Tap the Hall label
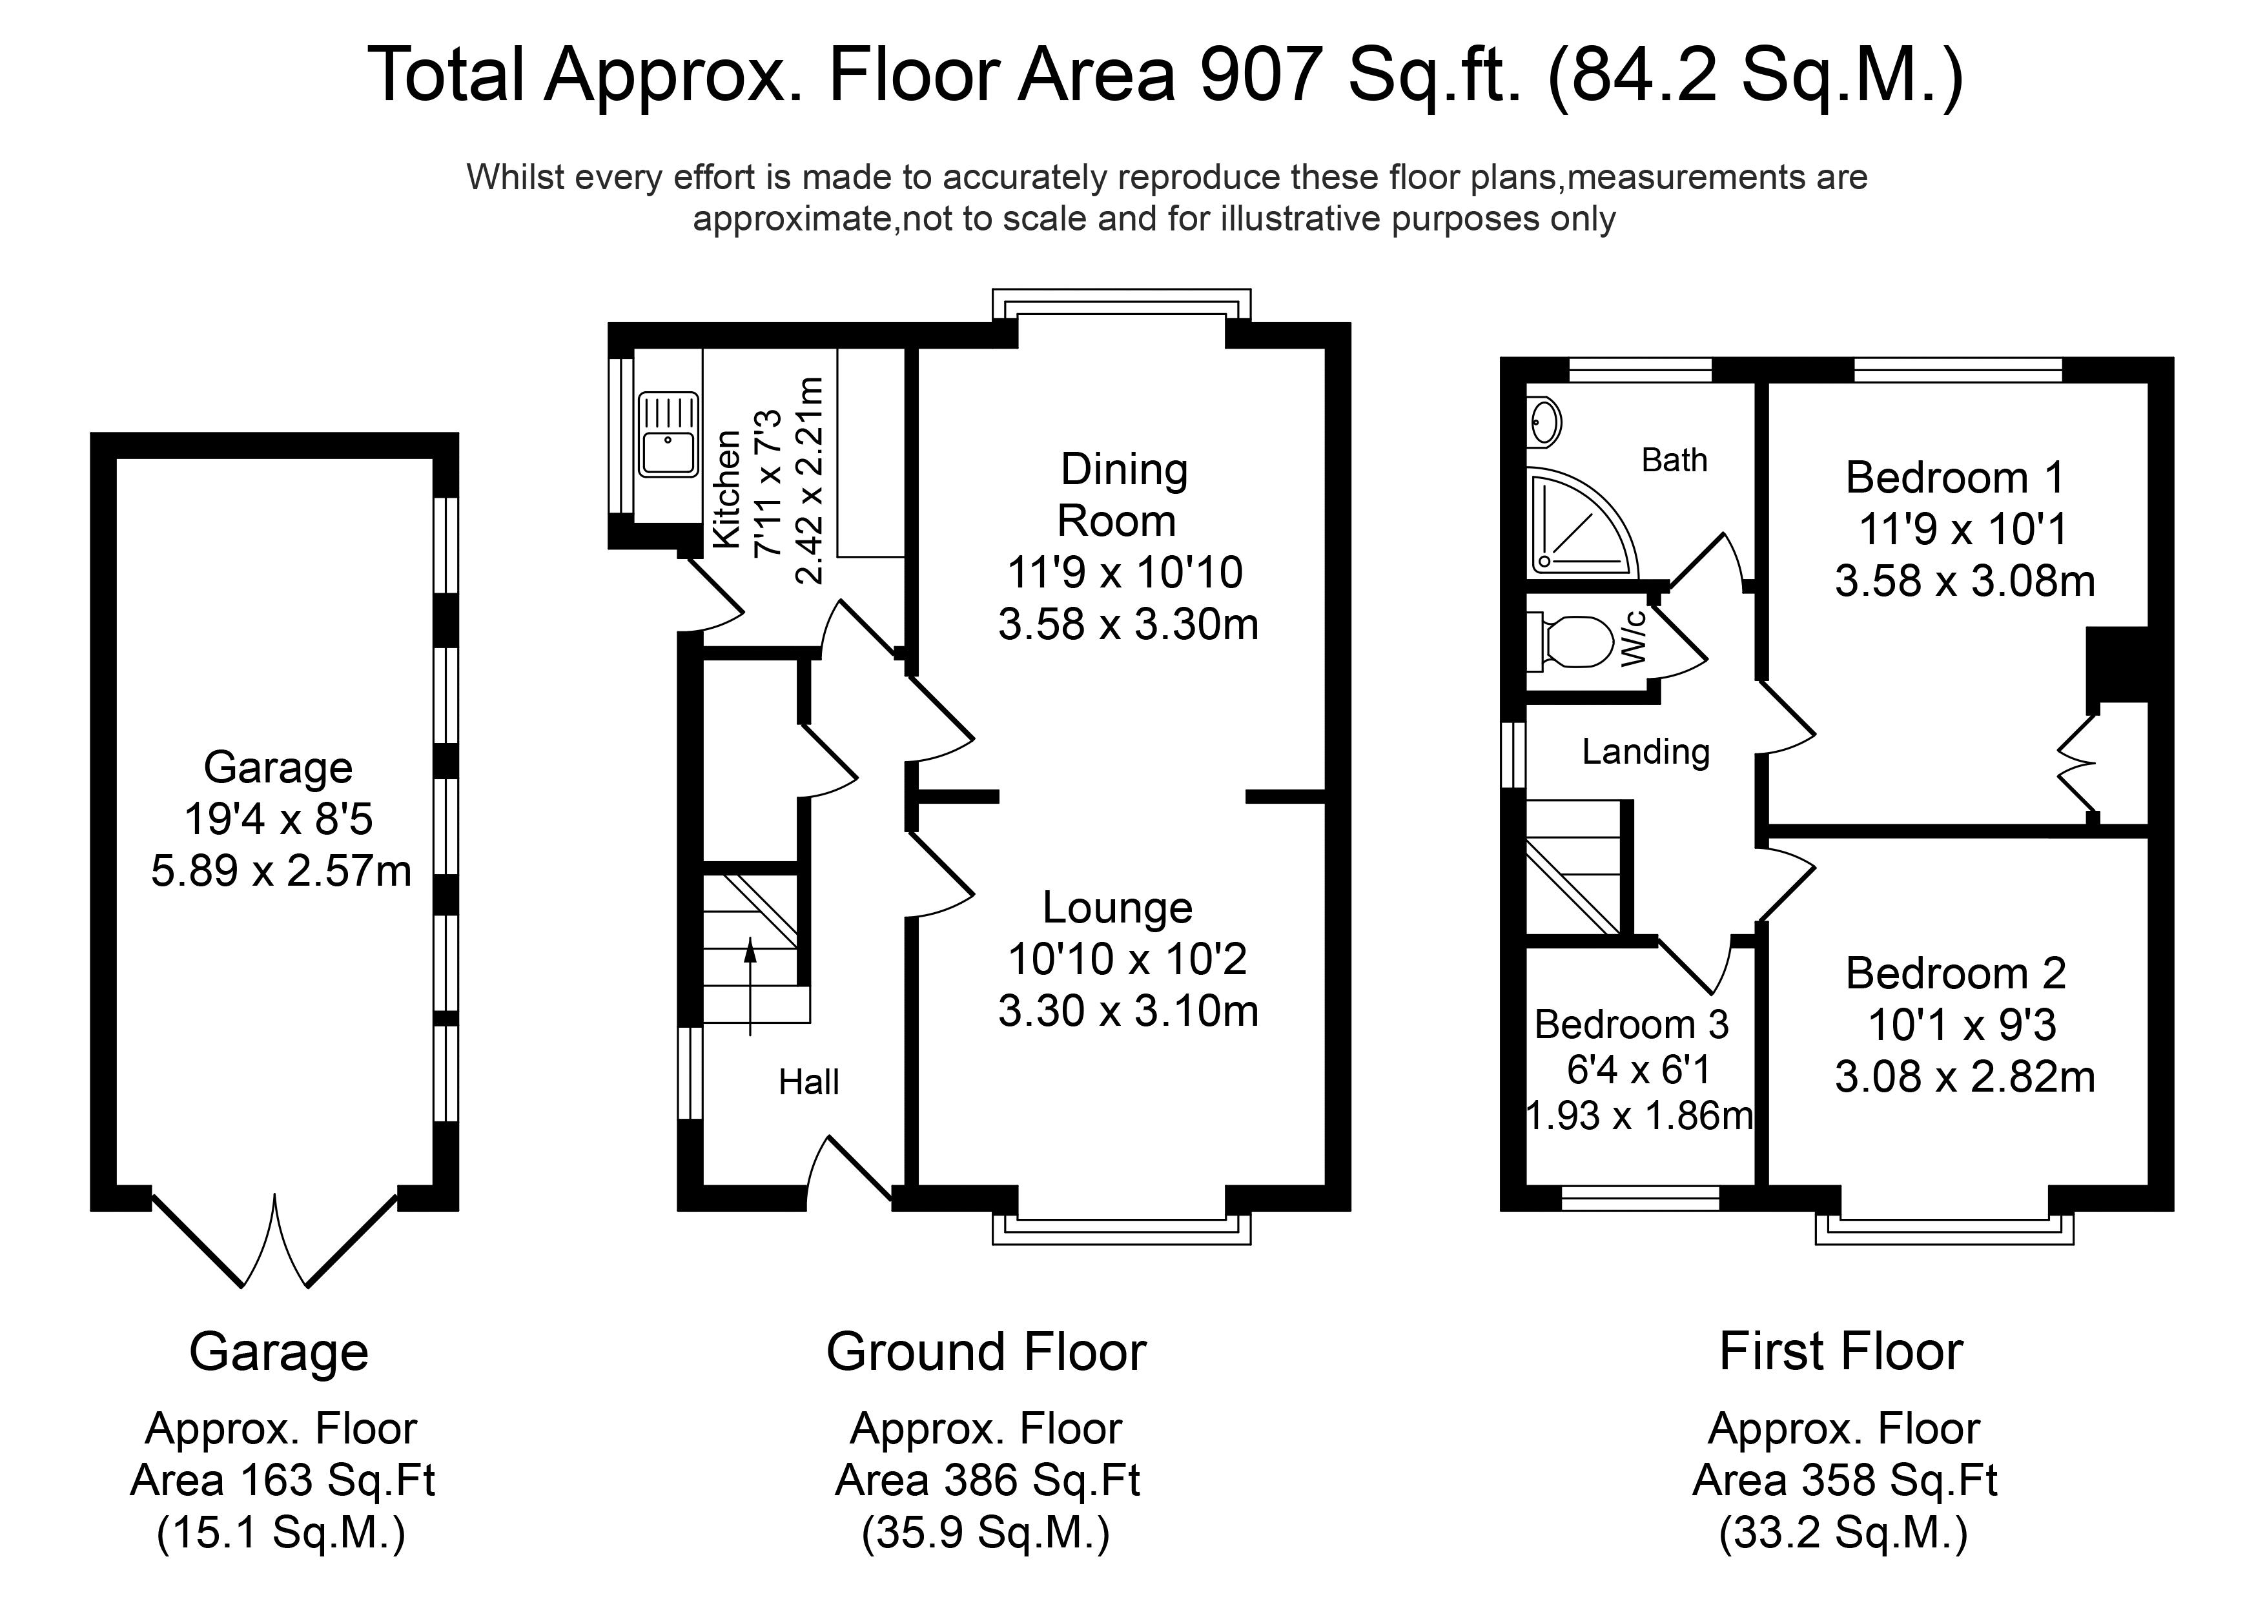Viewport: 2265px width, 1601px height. (x=809, y=1082)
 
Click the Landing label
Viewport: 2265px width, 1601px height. (x=1645, y=751)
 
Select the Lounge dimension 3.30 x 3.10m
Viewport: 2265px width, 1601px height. (x=1127, y=1011)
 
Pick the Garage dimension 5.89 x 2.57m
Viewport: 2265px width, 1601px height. (x=281, y=871)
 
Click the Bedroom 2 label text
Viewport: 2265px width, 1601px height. (x=1955, y=974)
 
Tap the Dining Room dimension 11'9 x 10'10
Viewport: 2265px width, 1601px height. (x=1125, y=572)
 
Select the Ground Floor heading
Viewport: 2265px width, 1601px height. (x=987, y=1351)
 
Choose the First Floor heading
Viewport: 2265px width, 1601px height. (x=1841, y=1351)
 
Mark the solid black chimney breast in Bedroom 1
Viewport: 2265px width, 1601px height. (x=2117, y=665)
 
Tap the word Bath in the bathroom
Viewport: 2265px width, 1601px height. (x=1674, y=460)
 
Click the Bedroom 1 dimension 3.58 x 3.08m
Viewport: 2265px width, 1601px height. (x=1964, y=581)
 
